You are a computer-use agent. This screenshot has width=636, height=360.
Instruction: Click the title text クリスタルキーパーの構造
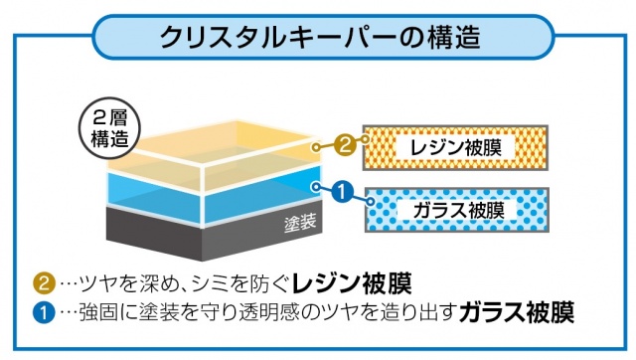point(320,38)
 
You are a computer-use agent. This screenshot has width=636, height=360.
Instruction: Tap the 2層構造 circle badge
point(109,128)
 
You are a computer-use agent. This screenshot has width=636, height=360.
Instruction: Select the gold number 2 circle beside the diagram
point(345,144)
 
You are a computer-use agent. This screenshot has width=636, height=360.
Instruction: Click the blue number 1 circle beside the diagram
point(343,191)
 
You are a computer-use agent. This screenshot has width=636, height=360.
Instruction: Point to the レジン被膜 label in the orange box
point(455,147)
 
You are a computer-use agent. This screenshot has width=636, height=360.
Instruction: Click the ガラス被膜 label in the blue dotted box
point(458,210)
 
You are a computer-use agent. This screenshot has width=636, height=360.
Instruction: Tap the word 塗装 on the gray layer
point(300,223)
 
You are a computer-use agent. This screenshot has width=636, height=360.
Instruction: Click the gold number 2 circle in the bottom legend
point(44,282)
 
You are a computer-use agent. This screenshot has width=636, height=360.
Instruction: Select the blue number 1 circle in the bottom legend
point(44,312)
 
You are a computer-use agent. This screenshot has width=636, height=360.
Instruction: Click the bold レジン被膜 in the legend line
point(352,283)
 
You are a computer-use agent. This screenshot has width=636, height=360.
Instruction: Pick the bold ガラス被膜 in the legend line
point(517,312)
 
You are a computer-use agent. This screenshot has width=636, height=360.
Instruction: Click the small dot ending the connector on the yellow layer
point(316,147)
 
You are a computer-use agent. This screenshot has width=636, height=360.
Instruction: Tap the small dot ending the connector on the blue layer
point(316,187)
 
